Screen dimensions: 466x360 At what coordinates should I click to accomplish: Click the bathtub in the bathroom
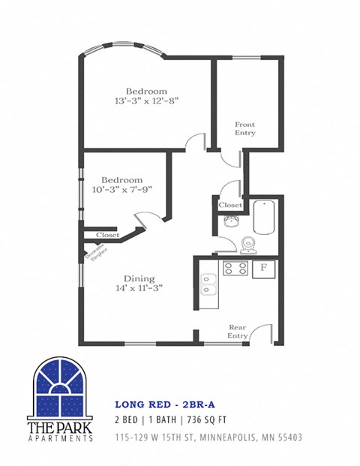click(x=265, y=217)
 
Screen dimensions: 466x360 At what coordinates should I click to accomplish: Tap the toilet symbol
click(x=248, y=245)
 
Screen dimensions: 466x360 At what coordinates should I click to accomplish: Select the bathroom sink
click(x=229, y=220)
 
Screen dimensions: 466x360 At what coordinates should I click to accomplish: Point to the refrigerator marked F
click(x=264, y=269)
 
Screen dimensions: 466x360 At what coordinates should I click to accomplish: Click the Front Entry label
click(x=245, y=128)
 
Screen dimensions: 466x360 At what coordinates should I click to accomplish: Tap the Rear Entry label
click(x=238, y=332)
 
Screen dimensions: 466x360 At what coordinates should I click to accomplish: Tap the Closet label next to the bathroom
click(x=230, y=205)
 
